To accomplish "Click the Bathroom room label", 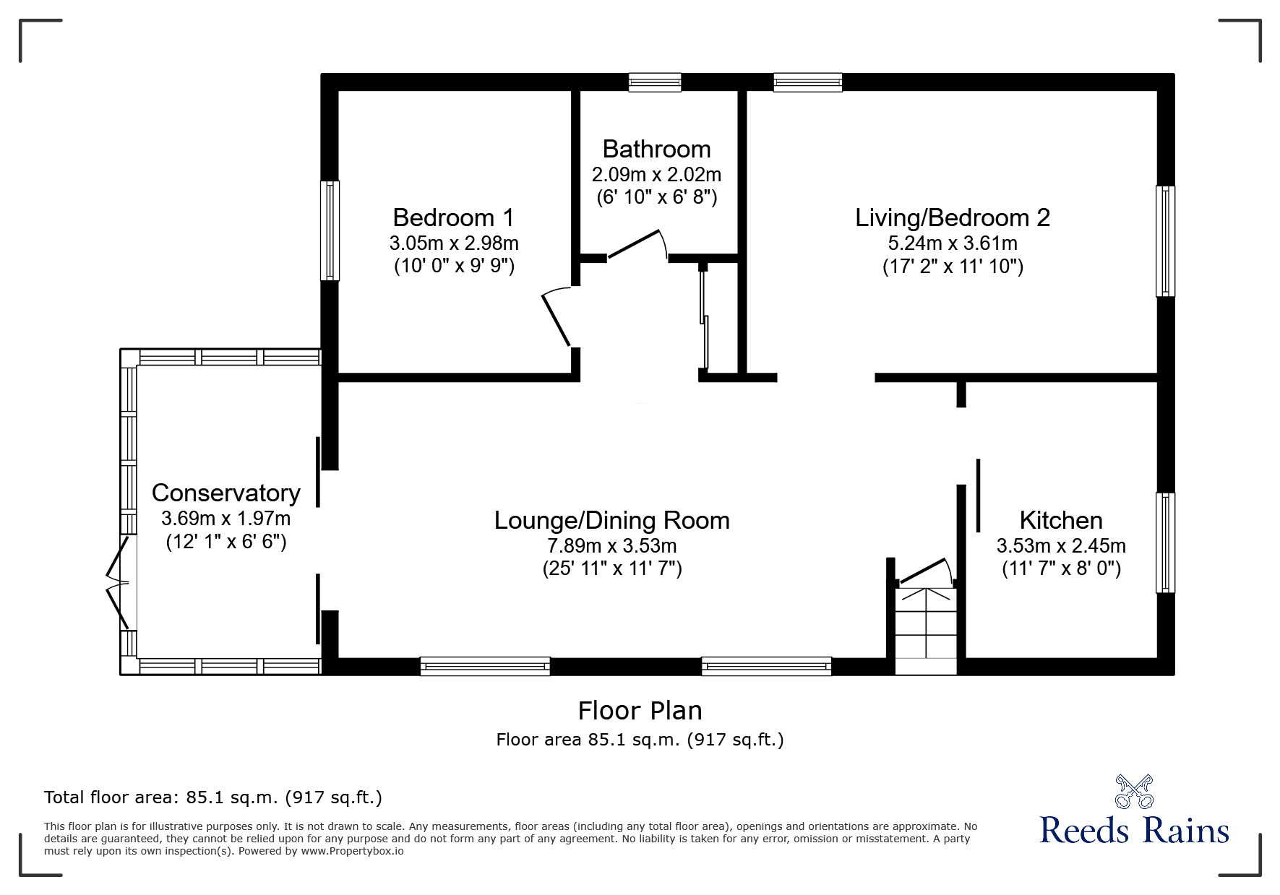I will (x=656, y=149).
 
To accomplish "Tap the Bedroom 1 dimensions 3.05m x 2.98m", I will (x=454, y=243).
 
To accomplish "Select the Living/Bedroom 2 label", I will (x=952, y=217).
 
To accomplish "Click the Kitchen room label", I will (x=1060, y=520).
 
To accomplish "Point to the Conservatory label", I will (x=225, y=493).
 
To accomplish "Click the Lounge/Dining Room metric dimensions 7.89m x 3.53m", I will (x=611, y=545).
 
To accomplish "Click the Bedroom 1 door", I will (x=557, y=318).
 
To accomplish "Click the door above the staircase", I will (x=924, y=571).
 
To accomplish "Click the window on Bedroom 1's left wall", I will (x=330, y=230).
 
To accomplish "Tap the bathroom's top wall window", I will (x=654, y=82).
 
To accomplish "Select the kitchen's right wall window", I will (x=1164, y=542).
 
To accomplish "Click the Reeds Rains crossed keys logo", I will (x=1133, y=791).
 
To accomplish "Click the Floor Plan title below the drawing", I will (x=640, y=711).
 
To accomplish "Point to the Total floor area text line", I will (x=213, y=797).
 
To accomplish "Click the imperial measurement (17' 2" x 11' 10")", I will (x=952, y=267).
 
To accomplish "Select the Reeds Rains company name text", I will (x=1134, y=830).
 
